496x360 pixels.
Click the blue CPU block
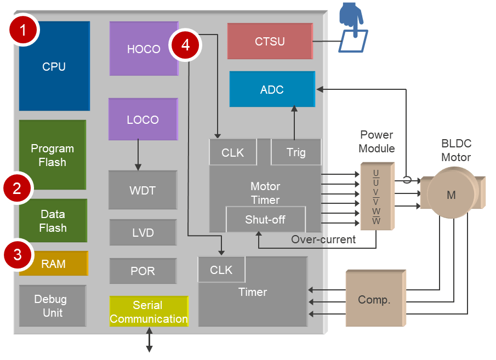click(54, 66)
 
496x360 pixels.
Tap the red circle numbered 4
click(185, 45)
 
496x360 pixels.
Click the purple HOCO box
click(144, 49)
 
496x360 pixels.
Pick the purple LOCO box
click(143, 119)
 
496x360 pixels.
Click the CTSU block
click(270, 41)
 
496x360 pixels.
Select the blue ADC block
click(272, 89)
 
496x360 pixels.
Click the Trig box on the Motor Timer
click(296, 152)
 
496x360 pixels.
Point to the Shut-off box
click(266, 219)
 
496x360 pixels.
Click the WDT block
click(142, 190)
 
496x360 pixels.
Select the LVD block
click(143, 232)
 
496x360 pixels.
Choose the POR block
click(143, 271)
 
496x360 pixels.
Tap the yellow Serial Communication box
click(149, 312)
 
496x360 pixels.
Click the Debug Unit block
click(53, 306)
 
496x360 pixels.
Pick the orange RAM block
click(54, 264)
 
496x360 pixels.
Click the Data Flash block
click(53, 221)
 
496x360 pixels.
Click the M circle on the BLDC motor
click(451, 195)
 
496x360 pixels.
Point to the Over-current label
click(323, 239)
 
